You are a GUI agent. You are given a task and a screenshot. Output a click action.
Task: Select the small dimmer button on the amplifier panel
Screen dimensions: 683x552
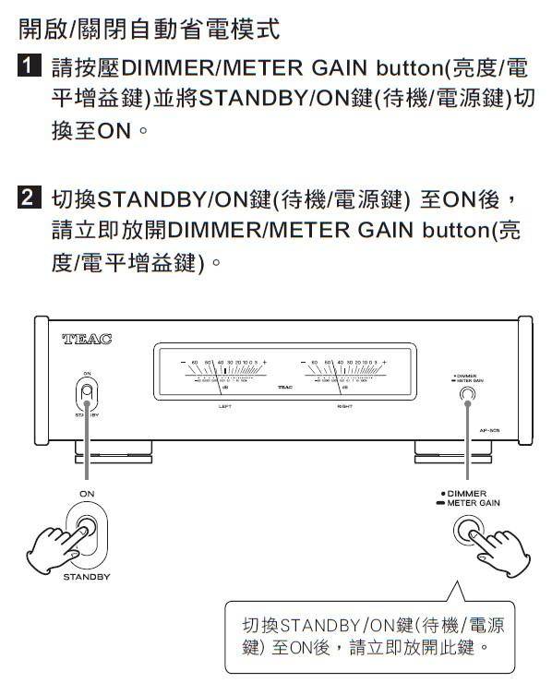(x=467, y=395)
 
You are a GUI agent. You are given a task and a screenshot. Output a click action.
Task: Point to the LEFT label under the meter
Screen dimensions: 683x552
(x=224, y=406)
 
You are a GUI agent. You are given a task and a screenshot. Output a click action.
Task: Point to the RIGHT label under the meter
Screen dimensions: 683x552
(x=343, y=406)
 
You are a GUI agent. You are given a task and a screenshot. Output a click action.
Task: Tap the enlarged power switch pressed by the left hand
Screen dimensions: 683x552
(x=87, y=533)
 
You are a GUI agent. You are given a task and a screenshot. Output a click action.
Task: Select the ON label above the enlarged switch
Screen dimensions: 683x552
(x=86, y=494)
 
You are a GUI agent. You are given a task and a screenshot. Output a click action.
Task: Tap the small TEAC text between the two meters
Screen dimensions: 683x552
(x=283, y=387)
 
